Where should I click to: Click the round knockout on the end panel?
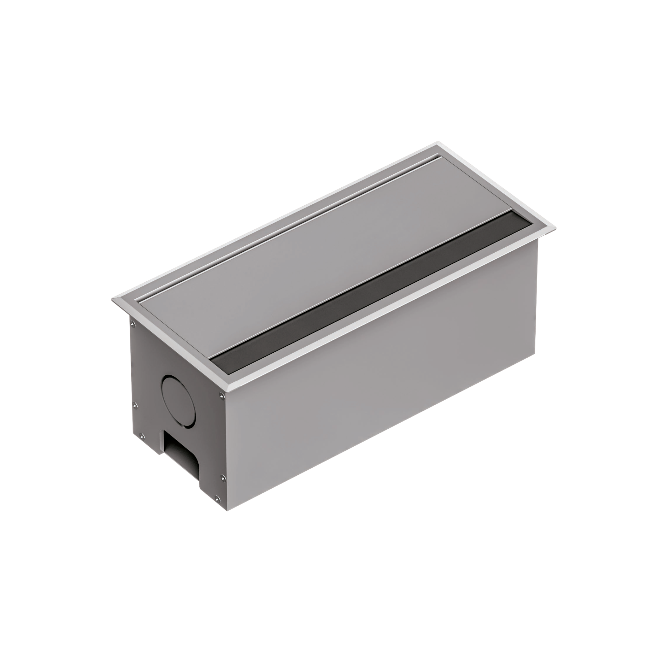point(178,401)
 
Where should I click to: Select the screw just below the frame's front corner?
point(222,396)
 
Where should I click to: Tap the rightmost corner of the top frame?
point(556,228)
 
